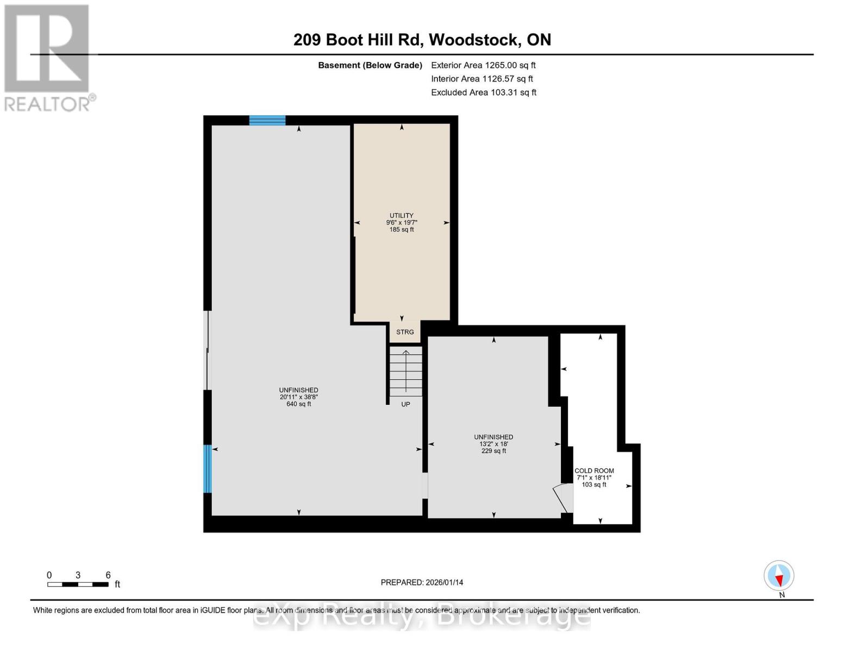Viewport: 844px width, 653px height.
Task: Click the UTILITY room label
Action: (401, 215)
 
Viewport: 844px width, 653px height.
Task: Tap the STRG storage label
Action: (405, 332)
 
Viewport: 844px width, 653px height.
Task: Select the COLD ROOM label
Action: (594, 471)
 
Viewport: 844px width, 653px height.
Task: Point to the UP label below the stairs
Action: (405, 404)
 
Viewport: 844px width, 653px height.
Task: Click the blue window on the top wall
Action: (267, 120)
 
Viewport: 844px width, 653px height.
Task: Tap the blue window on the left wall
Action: (207, 469)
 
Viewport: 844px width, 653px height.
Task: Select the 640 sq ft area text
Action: (298, 404)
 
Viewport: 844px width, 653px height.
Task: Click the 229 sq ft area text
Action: (493, 451)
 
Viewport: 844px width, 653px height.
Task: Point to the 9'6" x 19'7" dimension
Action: (402, 223)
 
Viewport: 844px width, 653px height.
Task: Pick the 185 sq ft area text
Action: (402, 230)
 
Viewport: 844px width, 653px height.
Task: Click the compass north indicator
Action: (779, 576)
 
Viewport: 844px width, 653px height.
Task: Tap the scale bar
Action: (78, 584)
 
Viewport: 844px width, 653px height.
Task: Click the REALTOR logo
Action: (48, 57)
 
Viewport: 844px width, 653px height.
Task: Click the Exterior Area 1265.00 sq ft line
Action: (483, 65)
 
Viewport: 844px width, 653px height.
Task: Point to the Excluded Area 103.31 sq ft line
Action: (484, 93)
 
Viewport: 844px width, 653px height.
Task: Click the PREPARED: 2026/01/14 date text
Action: (422, 582)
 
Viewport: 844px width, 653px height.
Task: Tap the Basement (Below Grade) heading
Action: (370, 65)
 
